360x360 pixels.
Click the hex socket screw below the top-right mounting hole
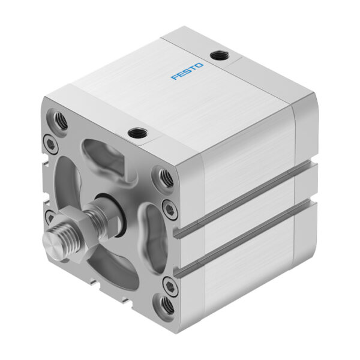click(x=172, y=208)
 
